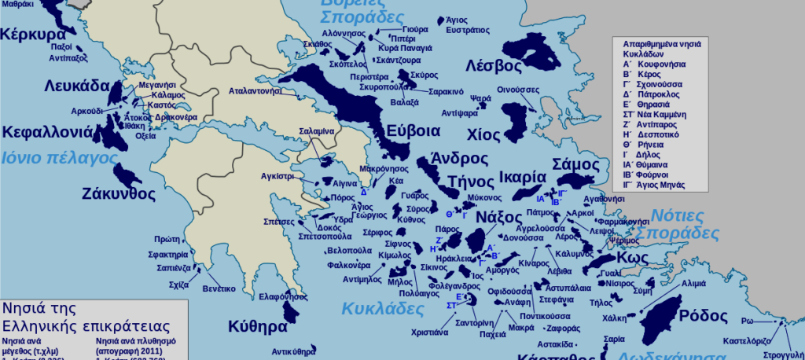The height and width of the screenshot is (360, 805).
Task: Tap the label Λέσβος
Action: pyautogui.click(x=494, y=64)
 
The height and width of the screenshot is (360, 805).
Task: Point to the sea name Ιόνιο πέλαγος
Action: pyautogui.click(x=59, y=157)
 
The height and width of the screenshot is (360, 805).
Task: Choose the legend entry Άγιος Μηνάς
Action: pyautogui.click(x=659, y=185)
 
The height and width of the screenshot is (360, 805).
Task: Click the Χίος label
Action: pyautogui.click(x=483, y=134)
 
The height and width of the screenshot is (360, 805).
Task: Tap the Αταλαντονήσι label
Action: pyautogui.click(x=255, y=91)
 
